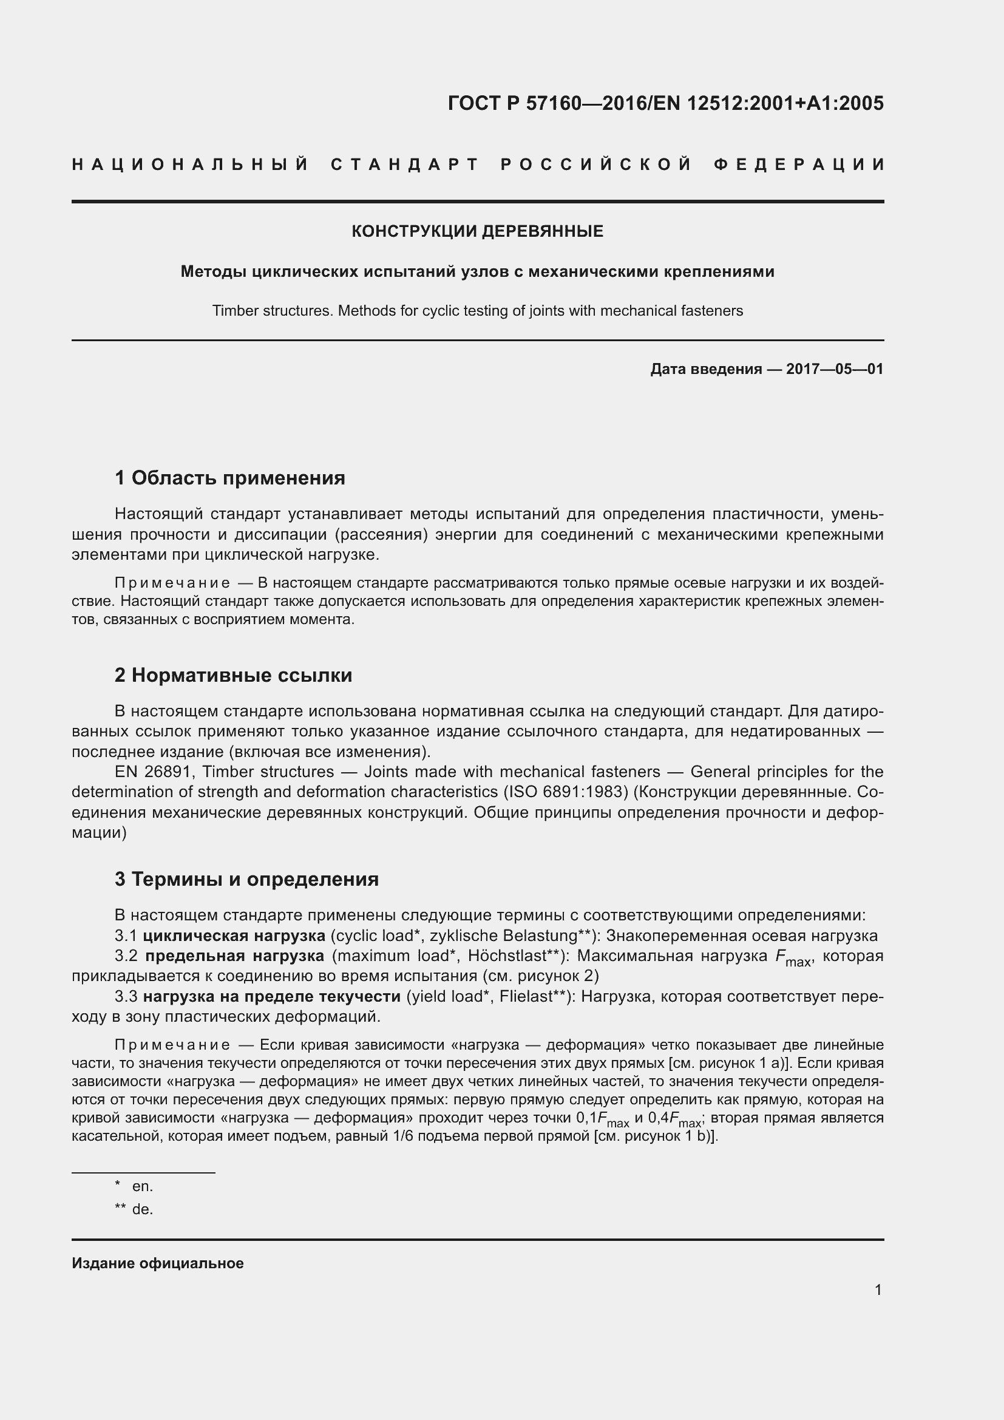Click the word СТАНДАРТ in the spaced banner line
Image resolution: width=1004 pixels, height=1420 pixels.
pos(405,165)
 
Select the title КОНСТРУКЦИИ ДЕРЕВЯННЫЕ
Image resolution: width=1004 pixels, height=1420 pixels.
pos(477,231)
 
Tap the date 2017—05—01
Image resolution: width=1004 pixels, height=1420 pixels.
pos(834,369)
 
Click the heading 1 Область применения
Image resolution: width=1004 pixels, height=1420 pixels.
pos(229,477)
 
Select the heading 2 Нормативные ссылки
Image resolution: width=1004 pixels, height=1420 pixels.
pos(233,674)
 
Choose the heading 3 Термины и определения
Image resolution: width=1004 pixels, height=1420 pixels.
pos(246,879)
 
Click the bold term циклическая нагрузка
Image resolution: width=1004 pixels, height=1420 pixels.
pos(234,935)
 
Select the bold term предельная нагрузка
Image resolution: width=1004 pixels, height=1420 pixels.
pos(234,956)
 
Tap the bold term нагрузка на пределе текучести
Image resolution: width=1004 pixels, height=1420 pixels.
pos(271,996)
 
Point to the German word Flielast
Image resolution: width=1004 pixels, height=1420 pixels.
pos(526,996)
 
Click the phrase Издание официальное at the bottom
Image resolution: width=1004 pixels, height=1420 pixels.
pos(158,1263)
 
